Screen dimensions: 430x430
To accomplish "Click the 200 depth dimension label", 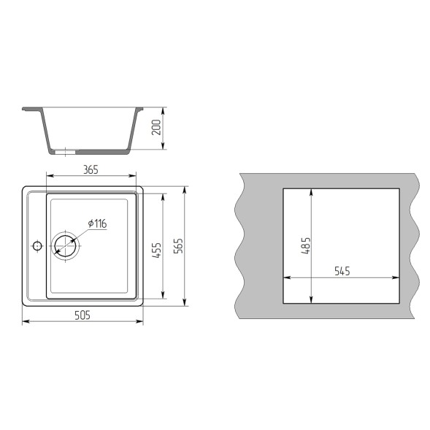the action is [156, 127].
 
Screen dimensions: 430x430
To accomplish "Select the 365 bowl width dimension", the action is [91, 170].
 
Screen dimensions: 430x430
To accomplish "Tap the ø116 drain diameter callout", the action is [97, 223].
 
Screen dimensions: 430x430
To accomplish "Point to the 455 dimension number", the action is [156, 250].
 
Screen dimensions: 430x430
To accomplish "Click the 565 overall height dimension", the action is [179, 246].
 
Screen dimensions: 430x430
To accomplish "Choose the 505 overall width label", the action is [82, 315].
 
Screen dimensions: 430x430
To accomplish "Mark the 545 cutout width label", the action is [342, 272].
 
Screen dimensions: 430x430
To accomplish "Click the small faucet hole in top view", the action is [37, 246].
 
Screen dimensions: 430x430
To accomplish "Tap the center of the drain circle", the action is [65, 246].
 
